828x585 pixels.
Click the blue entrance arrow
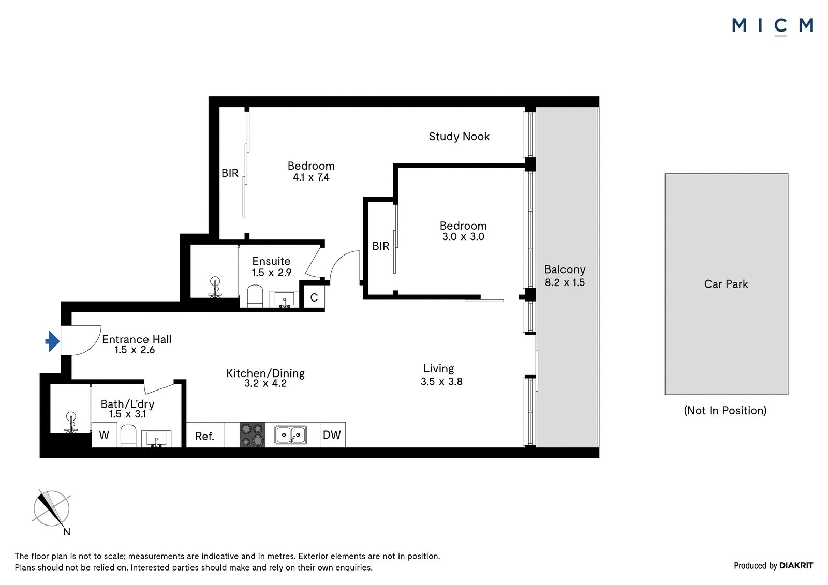coord(52,341)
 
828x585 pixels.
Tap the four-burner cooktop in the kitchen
coord(253,434)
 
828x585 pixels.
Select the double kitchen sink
coord(290,434)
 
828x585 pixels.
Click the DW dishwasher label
coord(332,434)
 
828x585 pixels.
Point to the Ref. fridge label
coord(205,437)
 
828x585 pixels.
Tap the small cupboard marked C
coord(314,297)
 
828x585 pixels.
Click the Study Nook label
coord(459,137)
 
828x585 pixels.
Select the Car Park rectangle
coord(727,284)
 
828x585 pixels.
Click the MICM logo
coord(773,26)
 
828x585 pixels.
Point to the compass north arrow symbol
coord(51,508)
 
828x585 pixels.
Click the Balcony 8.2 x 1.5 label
coord(565,276)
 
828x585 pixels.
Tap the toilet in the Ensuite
coord(255,296)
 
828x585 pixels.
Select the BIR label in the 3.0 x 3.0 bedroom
coord(381,246)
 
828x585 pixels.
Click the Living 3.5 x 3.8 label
coord(441,374)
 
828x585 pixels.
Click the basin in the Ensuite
coord(284,299)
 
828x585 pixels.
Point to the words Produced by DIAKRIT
coord(773,565)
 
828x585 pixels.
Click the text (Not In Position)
coord(725,410)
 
